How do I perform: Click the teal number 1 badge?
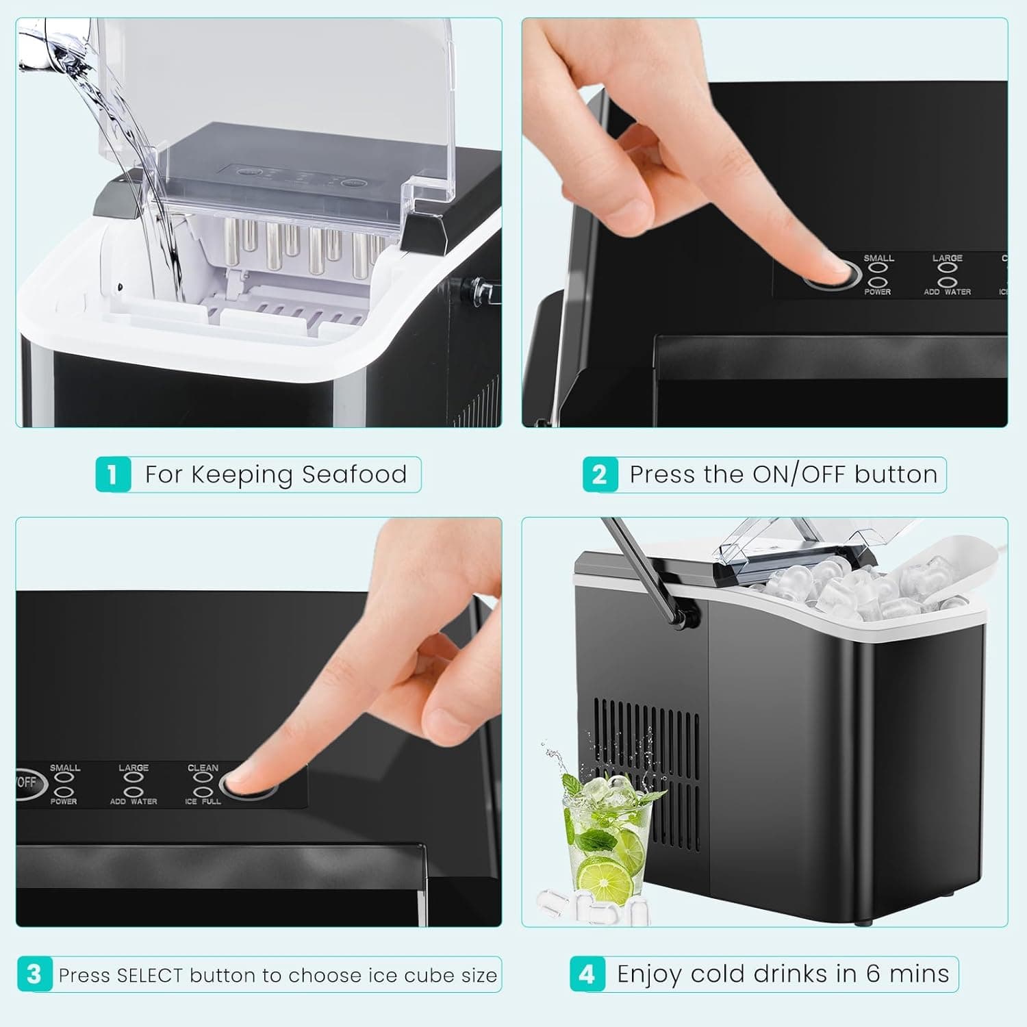(x=113, y=474)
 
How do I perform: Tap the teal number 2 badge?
(x=600, y=474)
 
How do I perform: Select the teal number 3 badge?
(x=34, y=974)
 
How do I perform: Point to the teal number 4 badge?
(x=587, y=974)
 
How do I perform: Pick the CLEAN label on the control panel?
(x=203, y=768)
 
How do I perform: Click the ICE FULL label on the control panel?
(x=203, y=801)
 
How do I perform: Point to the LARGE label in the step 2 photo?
(x=947, y=258)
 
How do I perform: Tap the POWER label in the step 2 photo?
(x=877, y=292)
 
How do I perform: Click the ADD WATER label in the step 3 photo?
(x=134, y=801)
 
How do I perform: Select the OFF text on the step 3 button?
(x=27, y=782)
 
